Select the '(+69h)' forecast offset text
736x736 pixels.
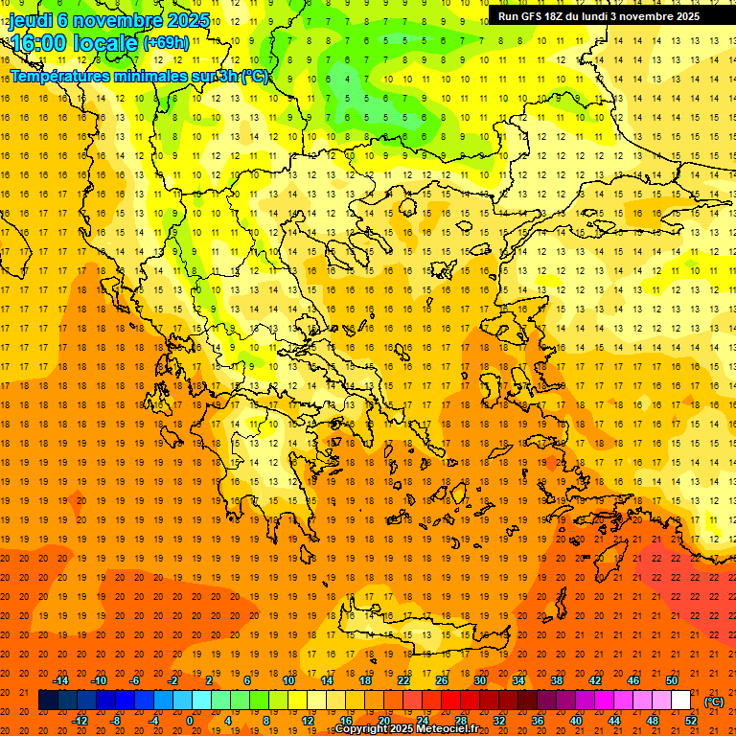tap(166, 43)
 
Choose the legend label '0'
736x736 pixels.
tap(190, 721)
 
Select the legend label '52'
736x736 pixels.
tap(691, 721)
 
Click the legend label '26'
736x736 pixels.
tap(442, 680)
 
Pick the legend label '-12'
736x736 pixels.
tap(80, 721)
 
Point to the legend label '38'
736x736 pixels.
tap(557, 680)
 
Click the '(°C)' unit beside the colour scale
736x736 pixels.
tap(714, 701)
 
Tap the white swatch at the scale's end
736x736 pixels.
tap(681, 701)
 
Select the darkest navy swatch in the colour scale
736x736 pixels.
tap(48, 701)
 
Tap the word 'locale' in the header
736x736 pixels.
tap(105, 43)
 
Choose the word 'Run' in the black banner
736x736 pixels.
tap(508, 16)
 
